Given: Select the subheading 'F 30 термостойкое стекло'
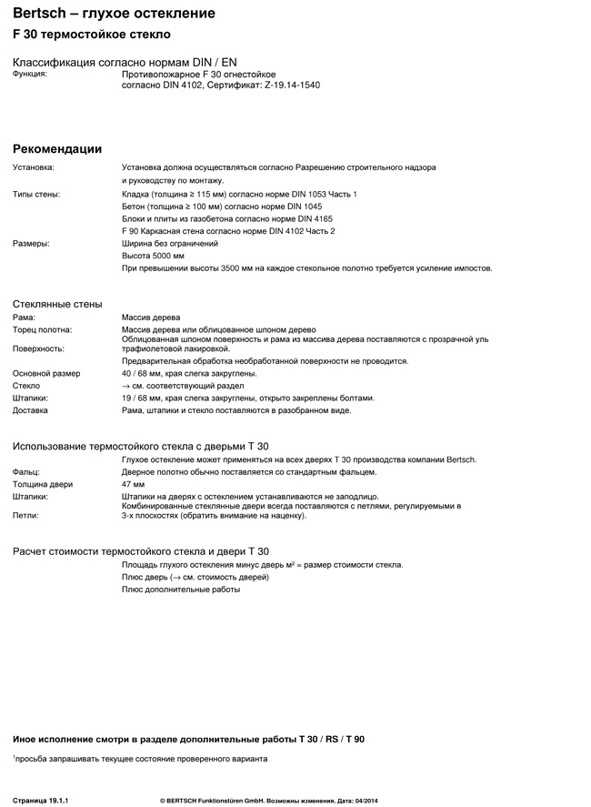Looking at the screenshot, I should pos(91,35).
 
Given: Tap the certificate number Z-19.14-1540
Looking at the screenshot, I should pos(293,86).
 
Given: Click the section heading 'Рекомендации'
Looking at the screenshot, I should pos(57,149).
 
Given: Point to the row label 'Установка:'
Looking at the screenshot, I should pos(34,167).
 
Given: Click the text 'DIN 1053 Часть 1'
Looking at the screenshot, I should pos(322,194).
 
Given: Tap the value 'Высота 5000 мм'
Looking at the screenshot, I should pos(153,256).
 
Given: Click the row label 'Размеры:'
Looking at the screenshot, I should pos(31,244).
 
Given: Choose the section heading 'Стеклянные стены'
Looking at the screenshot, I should pos(57,304).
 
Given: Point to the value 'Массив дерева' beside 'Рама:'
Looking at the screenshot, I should pos(151,317).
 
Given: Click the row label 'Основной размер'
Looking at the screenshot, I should pos(46,373).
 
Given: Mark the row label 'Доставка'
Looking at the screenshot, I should pos(31,410).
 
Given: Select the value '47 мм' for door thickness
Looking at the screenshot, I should pos(133,484).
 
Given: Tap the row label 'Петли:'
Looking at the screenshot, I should pos(25,515).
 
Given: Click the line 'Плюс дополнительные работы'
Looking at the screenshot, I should pos(181,590).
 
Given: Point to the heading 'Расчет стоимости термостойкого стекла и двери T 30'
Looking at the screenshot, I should pos(141,551).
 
